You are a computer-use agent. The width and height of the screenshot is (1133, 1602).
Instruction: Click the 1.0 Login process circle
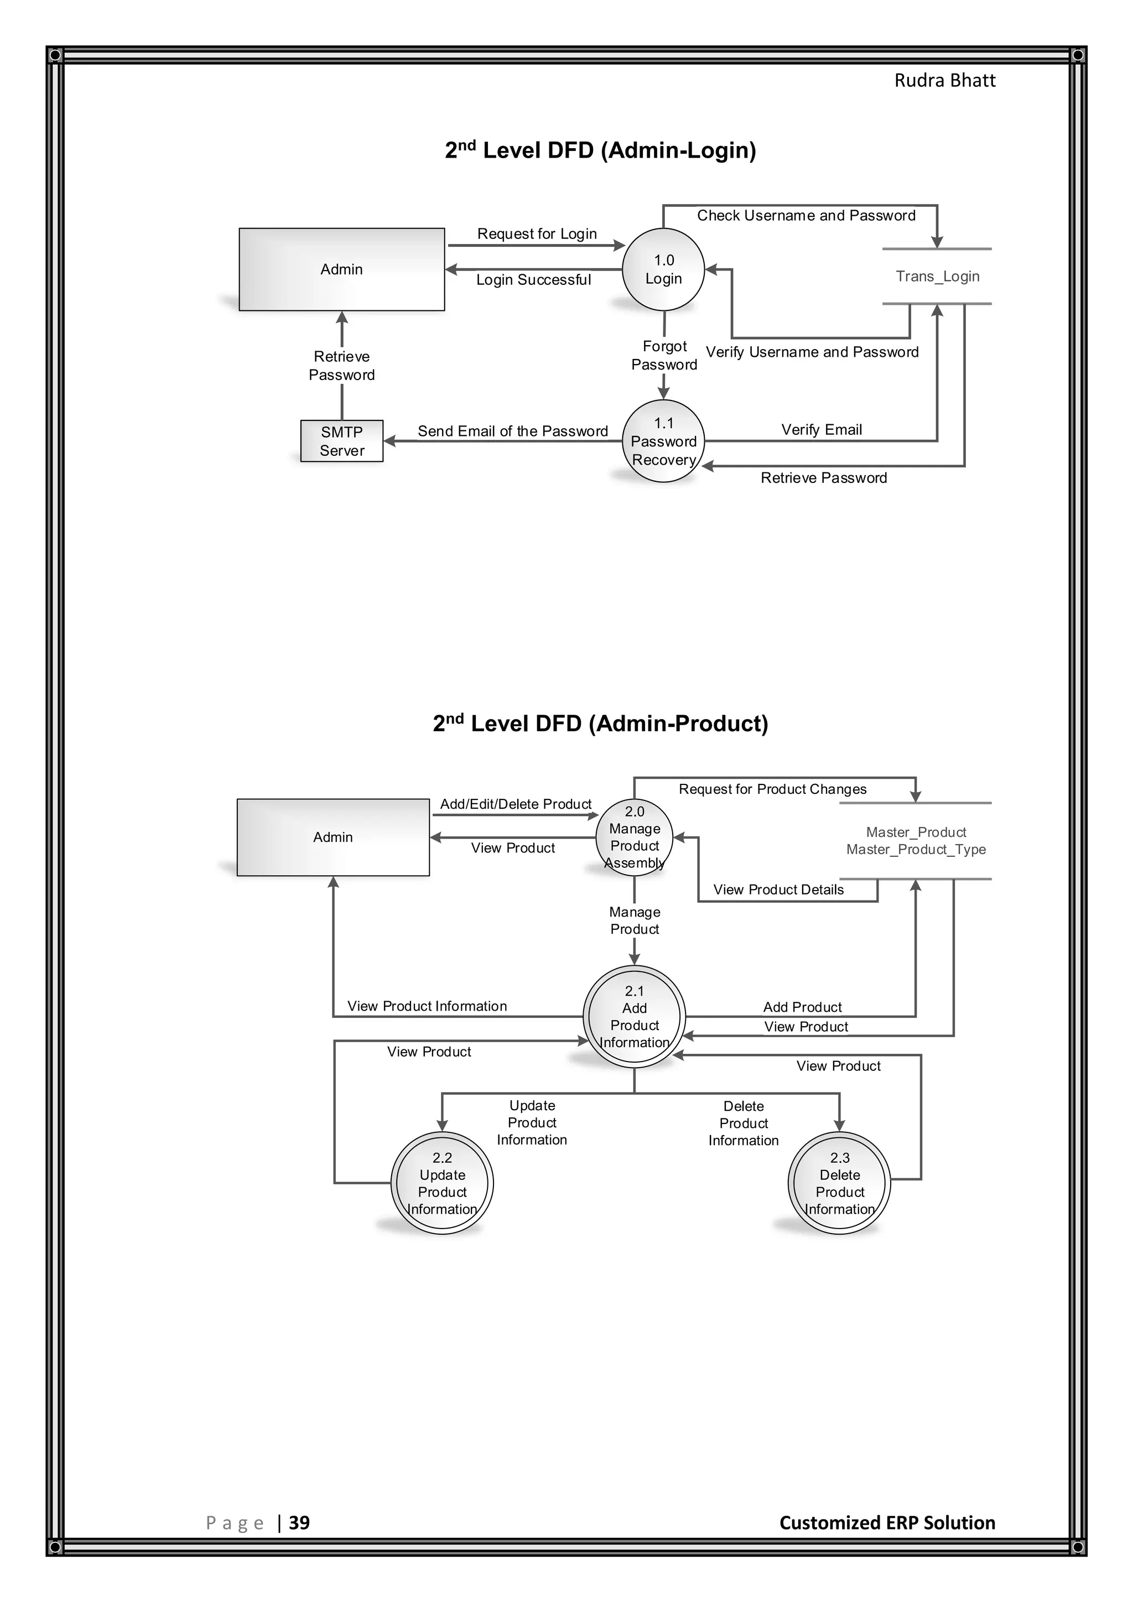point(663,269)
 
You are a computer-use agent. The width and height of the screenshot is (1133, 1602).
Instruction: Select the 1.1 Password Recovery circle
point(663,441)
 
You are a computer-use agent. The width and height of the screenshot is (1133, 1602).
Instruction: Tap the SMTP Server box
point(342,441)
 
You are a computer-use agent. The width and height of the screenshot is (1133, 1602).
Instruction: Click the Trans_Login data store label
point(937,276)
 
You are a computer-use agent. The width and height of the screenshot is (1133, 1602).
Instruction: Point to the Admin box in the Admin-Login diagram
point(341,269)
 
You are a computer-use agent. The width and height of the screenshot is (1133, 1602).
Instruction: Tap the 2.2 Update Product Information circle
point(443,1183)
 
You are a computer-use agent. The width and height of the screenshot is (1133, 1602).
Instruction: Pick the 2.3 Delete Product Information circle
point(839,1183)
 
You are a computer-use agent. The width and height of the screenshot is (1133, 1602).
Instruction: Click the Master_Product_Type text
point(916,849)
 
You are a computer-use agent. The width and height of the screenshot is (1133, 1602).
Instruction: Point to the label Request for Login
point(537,234)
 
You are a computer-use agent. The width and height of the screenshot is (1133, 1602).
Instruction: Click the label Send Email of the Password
point(512,431)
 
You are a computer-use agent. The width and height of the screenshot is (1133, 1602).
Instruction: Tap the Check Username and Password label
point(806,216)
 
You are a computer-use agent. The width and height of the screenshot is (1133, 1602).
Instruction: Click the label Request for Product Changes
point(772,789)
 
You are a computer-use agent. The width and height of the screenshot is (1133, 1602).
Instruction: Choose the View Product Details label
point(778,890)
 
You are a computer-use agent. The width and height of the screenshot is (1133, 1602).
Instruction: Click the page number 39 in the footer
point(299,1522)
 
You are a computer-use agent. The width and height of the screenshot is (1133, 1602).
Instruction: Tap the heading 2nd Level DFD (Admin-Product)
point(600,724)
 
